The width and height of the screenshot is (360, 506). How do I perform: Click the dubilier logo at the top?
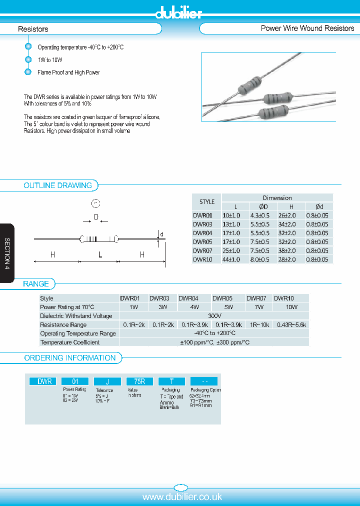click(x=178, y=13)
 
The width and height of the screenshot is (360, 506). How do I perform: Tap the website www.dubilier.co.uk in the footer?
click(x=182, y=496)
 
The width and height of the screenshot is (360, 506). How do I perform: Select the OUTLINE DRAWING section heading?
click(x=57, y=185)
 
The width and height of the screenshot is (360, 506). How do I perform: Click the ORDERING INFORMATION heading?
click(x=70, y=358)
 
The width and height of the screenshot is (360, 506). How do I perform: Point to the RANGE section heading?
click(x=36, y=284)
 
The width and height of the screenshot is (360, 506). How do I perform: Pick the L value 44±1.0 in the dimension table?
click(x=231, y=259)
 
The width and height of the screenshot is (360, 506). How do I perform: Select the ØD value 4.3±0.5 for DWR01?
click(x=259, y=215)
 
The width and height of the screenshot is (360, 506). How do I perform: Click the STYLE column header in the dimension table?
click(x=207, y=202)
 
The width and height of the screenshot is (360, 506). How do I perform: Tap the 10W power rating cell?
click(x=291, y=307)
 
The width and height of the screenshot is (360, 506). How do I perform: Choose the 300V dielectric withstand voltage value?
click(x=214, y=316)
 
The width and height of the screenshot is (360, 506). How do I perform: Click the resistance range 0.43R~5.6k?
click(x=291, y=325)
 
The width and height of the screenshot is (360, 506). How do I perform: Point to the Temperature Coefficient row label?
click(x=69, y=342)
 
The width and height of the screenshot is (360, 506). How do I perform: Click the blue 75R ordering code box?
click(x=139, y=381)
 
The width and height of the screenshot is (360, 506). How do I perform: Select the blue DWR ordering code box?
click(x=44, y=381)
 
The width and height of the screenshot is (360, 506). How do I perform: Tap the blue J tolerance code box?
click(x=107, y=381)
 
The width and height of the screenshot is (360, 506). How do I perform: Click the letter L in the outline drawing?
click(x=100, y=255)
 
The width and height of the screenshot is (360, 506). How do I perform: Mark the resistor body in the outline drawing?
click(x=99, y=239)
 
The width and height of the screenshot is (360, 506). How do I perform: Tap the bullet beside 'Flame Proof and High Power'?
click(x=28, y=72)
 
